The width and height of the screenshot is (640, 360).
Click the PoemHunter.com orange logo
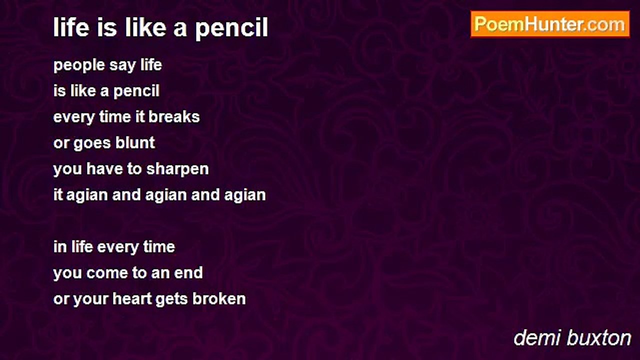click(x=550, y=24)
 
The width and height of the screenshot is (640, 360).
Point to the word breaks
click(x=174, y=117)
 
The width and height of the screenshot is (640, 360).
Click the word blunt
click(x=135, y=142)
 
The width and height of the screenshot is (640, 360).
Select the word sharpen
click(x=177, y=169)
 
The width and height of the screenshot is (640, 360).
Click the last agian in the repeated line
click(x=245, y=195)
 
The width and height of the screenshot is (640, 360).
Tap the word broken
click(x=219, y=298)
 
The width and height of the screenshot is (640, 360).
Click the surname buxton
click(x=598, y=338)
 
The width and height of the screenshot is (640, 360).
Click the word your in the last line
click(x=91, y=299)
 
